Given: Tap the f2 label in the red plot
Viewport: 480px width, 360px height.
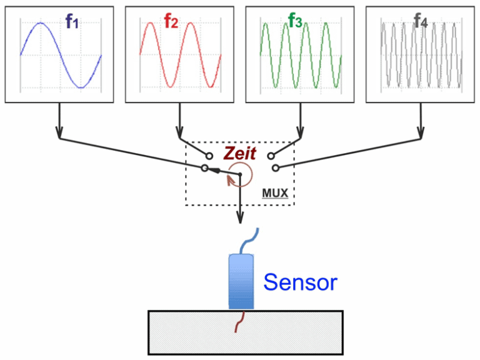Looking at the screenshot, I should (x=171, y=22).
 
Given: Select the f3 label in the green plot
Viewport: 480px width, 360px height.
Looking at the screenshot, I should (x=296, y=22).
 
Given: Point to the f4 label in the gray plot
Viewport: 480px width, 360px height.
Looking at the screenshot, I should (x=421, y=22).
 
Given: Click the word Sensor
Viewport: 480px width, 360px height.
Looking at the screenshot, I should (x=300, y=282).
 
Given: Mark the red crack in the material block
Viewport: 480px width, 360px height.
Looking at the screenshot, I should (x=238, y=323).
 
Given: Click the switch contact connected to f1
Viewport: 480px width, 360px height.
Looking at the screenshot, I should (x=204, y=168).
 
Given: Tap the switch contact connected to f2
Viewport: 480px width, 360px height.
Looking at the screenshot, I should (x=210, y=154).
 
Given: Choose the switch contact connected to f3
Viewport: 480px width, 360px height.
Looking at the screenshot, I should (x=270, y=154).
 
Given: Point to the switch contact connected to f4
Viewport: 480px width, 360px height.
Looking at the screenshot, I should (x=276, y=167).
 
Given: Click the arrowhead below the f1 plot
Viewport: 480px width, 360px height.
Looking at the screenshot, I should (x=59, y=133).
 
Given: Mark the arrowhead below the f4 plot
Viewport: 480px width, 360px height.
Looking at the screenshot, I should (x=420, y=133).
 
